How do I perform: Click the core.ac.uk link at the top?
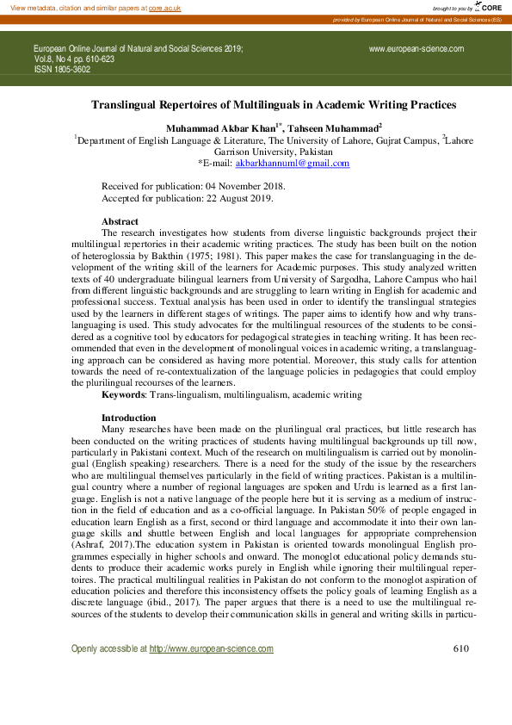[164, 7]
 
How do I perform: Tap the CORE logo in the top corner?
[490, 7]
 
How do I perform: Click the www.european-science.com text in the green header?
[416, 49]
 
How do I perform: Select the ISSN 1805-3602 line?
[62, 70]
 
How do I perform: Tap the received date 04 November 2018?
[244, 186]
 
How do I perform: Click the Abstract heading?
[120, 221]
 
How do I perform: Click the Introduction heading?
[128, 418]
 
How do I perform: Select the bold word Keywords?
[123, 394]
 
